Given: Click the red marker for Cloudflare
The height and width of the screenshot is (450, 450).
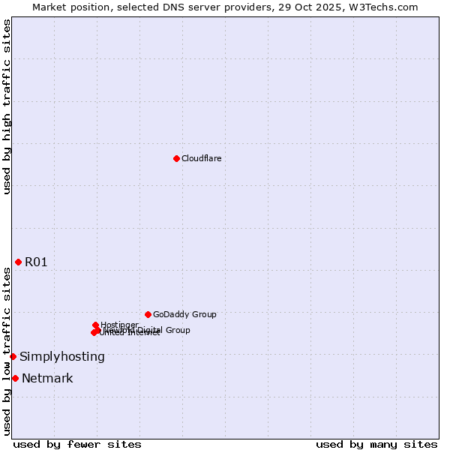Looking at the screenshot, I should pos(176,158).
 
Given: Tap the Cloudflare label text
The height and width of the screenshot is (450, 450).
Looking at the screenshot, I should pos(201,158).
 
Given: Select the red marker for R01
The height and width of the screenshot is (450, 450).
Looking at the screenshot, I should pos(18,262).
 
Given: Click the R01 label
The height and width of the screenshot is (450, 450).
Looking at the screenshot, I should pos(36,262).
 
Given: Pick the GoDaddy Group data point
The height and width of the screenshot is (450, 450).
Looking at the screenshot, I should pos(148,314).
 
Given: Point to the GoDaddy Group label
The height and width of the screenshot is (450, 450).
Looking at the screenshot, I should pos(184,314).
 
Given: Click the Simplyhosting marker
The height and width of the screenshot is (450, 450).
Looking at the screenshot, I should pos(13,356).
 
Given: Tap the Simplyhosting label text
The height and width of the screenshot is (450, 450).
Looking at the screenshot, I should pos(62,357).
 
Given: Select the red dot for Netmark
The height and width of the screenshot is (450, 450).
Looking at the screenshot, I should pos(15,378).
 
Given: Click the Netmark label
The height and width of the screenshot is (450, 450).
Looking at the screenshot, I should pos(47,378).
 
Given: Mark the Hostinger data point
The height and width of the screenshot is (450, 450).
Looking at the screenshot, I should pos(96,325).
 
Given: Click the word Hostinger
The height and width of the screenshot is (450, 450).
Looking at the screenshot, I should pos(120,325).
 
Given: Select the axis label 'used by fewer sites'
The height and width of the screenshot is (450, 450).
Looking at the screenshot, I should pos(77,444).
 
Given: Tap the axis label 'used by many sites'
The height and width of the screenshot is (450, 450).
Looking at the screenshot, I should pos(376,444).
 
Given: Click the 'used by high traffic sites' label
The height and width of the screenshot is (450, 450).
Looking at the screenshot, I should pos(7,106).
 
